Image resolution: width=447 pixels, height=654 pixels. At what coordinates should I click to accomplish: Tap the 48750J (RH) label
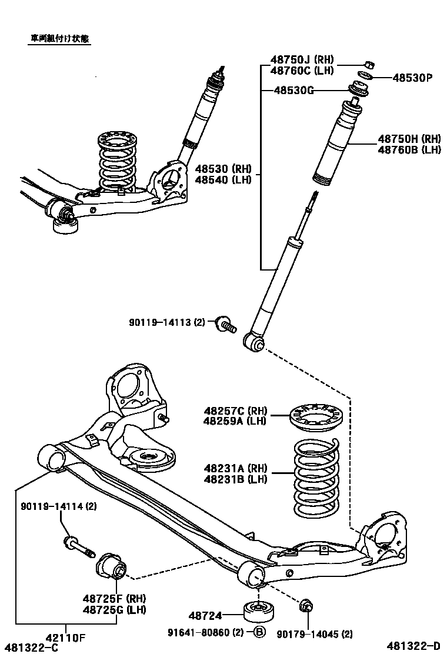tap(302, 60)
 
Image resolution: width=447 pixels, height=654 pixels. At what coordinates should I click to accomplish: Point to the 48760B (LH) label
tap(409, 150)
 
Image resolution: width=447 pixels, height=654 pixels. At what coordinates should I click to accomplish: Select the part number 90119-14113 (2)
tap(167, 322)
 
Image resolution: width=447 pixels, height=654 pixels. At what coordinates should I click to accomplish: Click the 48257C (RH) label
tap(235, 411)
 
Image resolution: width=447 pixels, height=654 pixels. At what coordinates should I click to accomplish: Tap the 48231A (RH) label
tap(235, 468)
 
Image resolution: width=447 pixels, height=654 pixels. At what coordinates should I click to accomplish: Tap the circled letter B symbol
tap(259, 633)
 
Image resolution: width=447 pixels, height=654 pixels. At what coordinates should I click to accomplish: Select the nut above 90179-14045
tap(306, 606)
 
